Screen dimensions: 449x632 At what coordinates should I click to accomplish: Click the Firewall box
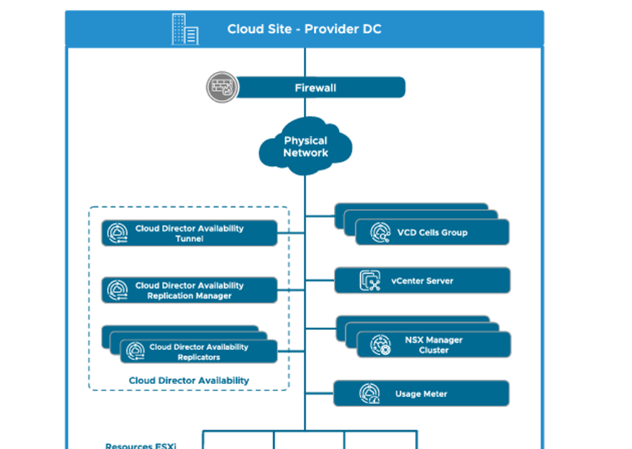tap(315, 88)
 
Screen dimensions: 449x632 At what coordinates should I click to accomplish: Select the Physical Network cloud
tap(305, 147)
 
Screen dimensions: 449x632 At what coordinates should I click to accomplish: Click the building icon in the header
tap(185, 29)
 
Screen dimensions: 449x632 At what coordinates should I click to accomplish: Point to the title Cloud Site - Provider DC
tap(304, 29)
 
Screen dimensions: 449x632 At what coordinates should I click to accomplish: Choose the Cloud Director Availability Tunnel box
tap(189, 234)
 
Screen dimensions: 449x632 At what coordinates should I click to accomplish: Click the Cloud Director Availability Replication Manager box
tap(189, 291)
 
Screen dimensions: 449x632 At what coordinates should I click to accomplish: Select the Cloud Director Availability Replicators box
tap(198, 352)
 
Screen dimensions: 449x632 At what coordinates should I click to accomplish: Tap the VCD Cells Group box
tap(432, 232)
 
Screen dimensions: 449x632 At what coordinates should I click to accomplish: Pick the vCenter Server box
tap(422, 281)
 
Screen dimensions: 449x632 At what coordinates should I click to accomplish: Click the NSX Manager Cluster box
tap(434, 345)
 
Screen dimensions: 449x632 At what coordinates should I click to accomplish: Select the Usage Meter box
tap(421, 393)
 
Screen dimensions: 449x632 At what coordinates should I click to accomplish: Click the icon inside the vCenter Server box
tap(370, 281)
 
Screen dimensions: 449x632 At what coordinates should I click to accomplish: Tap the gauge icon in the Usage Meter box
tap(370, 393)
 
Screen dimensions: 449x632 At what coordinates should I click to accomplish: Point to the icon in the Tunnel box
tap(117, 234)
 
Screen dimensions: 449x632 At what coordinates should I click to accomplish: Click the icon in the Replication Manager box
tap(117, 291)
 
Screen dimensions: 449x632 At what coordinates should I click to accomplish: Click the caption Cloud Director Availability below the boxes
tap(189, 381)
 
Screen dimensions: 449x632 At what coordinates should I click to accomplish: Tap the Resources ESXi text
tap(141, 446)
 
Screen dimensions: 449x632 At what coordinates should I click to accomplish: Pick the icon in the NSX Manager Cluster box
tap(382, 345)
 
